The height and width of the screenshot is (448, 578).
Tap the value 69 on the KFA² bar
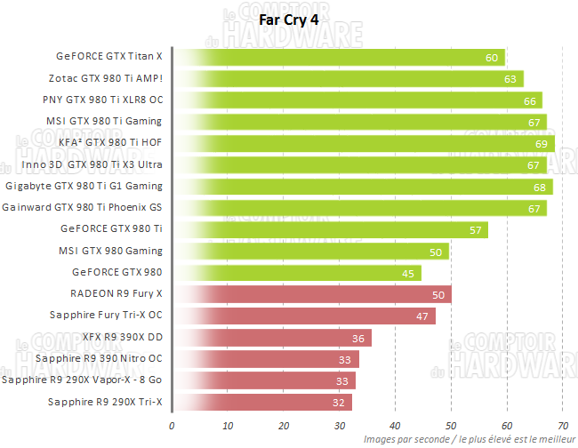(541, 143)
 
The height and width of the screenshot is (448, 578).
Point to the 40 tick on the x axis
(395, 425)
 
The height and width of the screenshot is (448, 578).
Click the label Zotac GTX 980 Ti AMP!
(111, 78)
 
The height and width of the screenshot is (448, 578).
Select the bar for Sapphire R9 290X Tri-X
(262, 402)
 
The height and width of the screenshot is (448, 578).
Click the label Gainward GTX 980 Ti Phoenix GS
(82, 208)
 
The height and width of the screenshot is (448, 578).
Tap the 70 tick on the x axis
(563, 425)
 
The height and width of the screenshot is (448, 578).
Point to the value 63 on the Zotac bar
(510, 79)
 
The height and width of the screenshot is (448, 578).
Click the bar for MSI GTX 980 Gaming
(312, 252)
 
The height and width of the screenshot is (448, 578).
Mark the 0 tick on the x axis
(172, 425)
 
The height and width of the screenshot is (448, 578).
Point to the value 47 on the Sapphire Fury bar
(421, 316)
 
